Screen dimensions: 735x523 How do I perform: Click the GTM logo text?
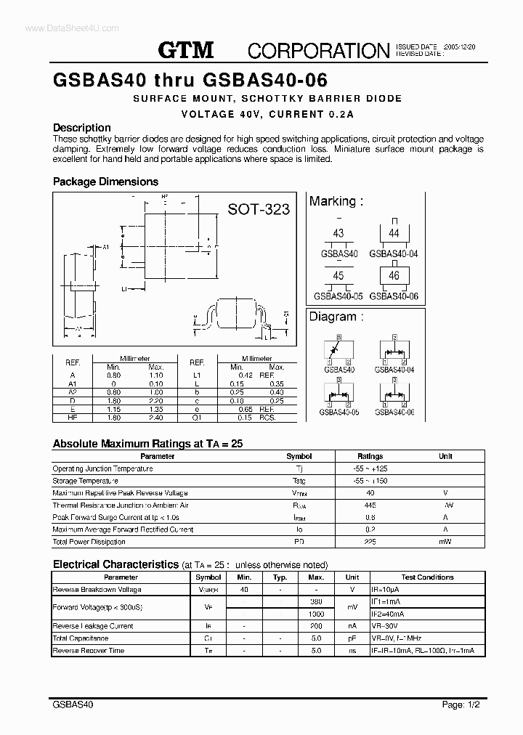tap(186, 49)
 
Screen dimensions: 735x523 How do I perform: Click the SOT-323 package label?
tap(259, 209)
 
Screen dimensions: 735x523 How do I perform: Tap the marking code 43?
tap(338, 233)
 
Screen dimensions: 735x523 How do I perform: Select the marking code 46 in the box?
tap(394, 276)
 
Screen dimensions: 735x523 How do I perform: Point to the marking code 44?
tap(394, 233)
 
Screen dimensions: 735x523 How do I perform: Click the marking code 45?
tap(338, 276)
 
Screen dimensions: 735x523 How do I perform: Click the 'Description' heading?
tap(82, 128)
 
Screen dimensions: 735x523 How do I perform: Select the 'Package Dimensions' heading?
tap(105, 182)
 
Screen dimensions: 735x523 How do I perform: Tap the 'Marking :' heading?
tap(336, 201)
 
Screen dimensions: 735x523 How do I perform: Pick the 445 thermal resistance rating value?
tap(370, 505)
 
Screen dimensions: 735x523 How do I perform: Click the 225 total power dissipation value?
tap(370, 542)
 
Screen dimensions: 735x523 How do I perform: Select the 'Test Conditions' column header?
tap(427, 577)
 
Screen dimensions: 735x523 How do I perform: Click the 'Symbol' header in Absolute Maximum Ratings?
tap(299, 456)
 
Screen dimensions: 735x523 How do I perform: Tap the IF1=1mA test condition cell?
tap(386, 601)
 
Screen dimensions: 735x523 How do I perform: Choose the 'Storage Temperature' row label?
tap(86, 481)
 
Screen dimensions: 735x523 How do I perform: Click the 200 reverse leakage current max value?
tap(316, 626)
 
